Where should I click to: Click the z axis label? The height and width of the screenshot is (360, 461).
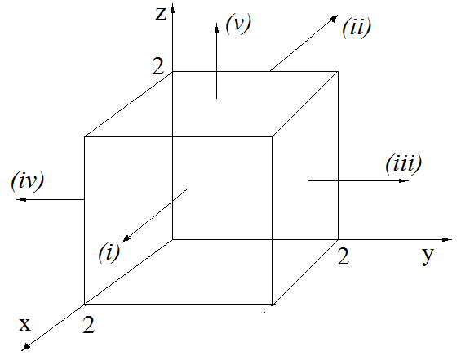click(161, 14)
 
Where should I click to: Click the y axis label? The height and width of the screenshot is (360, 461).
click(428, 256)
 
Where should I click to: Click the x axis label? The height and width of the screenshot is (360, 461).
click(25, 324)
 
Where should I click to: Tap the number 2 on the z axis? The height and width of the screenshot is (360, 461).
click(157, 66)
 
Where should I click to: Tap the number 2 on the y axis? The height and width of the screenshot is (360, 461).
click(344, 256)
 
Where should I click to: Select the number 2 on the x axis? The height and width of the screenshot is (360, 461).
click(88, 324)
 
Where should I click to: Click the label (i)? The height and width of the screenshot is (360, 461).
click(109, 252)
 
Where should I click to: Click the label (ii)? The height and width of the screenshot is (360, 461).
click(357, 28)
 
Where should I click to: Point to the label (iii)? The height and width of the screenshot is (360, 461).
click(403, 163)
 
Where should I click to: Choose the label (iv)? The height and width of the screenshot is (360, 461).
click(28, 180)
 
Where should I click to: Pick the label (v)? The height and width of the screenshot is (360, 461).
click(238, 24)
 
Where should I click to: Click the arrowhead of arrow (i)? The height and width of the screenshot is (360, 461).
click(126, 238)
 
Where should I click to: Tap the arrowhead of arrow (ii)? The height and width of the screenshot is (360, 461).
click(334, 19)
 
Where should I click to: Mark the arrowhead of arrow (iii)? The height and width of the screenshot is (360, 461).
click(404, 180)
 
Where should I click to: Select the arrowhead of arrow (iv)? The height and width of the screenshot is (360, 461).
click(21, 200)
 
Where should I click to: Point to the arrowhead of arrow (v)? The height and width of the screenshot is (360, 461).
click(217, 28)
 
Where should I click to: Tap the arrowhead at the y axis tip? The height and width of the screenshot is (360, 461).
click(447, 240)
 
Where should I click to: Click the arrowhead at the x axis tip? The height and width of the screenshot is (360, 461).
click(26, 347)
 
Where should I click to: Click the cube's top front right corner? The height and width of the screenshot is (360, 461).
click(272, 136)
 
